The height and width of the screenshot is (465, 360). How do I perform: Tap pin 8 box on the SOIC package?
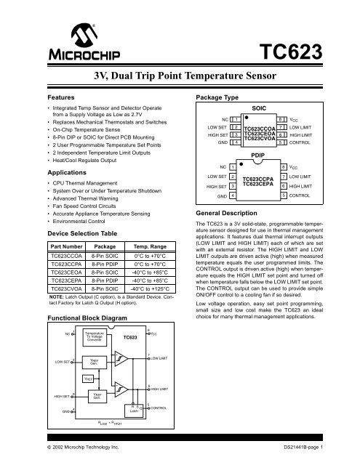point(281,118)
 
